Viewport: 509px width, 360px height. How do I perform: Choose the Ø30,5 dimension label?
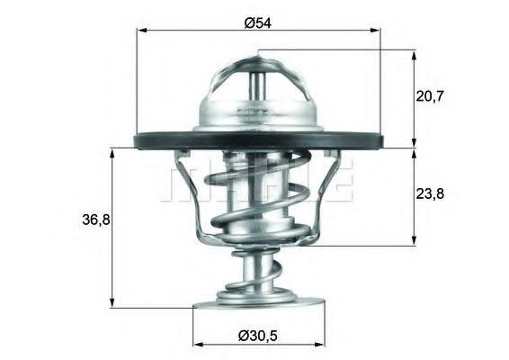click(x=258, y=334)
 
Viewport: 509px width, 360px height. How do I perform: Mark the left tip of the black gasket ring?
click(x=113, y=141)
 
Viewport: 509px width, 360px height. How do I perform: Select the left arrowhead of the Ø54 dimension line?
click(x=140, y=31)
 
